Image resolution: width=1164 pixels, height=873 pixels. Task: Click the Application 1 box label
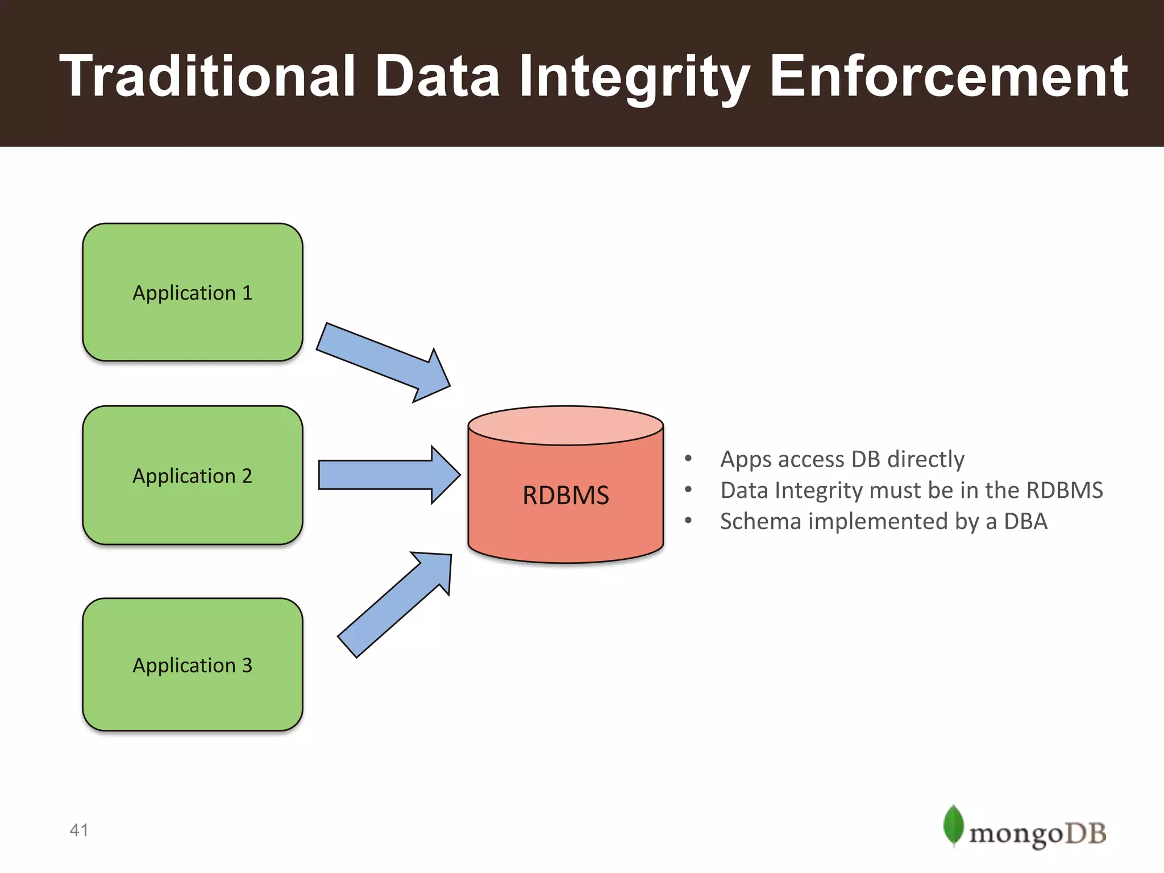point(192,293)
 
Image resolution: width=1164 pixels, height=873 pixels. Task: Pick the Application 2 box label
point(192,476)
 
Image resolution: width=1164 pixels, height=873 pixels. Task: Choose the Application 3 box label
point(192,665)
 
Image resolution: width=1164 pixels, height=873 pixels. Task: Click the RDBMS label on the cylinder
point(566,495)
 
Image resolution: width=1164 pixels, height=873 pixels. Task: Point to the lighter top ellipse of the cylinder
point(566,425)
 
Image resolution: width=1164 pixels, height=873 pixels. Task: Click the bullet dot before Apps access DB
point(688,458)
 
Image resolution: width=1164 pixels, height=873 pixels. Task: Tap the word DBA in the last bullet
point(1025,521)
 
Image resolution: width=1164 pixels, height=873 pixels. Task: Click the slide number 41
point(79,830)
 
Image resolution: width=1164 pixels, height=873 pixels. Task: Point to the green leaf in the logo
point(953,825)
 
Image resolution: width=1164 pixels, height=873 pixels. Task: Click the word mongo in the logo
point(1016,834)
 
